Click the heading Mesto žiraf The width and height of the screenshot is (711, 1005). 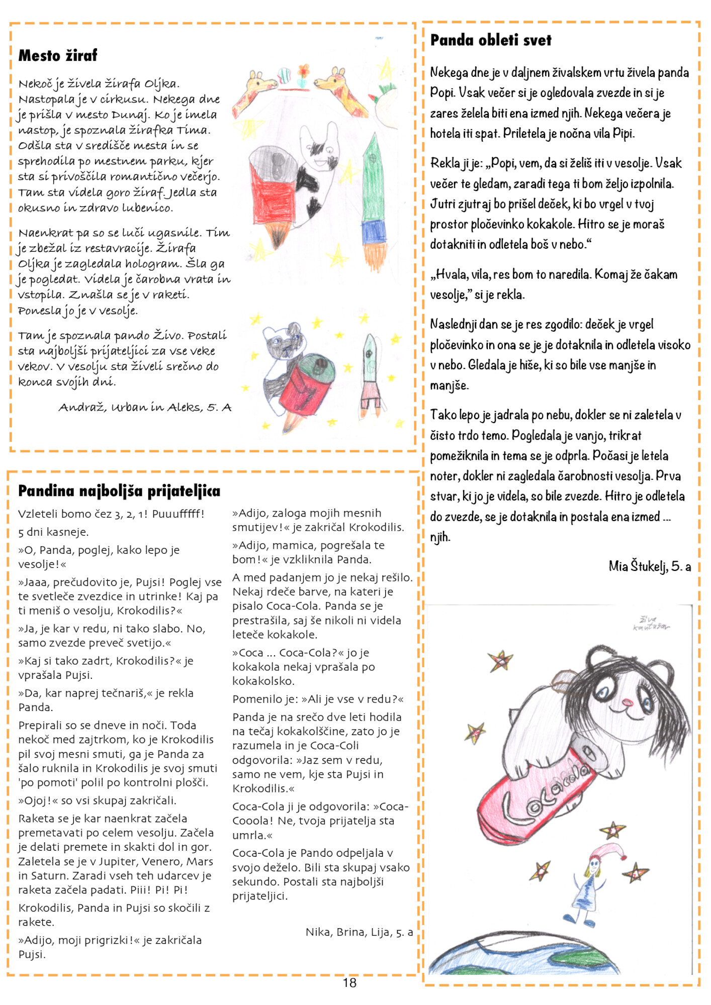coord(58,55)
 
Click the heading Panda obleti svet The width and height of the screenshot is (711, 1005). coord(491,40)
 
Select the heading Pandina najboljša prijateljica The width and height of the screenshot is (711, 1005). coord(119,491)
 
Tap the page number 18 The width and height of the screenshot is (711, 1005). coord(349,983)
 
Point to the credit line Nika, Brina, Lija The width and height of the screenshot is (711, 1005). coord(359,932)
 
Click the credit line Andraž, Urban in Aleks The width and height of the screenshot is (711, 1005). coord(145,408)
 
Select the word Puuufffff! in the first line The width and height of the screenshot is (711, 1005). coord(179,514)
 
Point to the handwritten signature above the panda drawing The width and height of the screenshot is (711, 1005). coord(651,623)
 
